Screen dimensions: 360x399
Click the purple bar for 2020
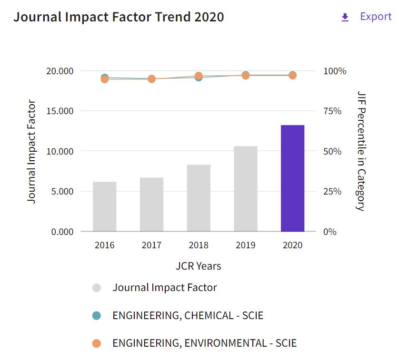292,178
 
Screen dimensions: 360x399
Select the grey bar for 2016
105,206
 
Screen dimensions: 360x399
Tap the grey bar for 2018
199,198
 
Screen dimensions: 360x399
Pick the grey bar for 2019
246,189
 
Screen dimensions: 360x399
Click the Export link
376,17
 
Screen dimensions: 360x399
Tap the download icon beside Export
345,18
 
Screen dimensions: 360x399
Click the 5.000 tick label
60,192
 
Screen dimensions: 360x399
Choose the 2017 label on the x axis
151,245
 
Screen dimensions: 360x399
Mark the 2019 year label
246,245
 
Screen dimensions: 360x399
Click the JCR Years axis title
198,266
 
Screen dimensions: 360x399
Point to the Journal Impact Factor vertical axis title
31,151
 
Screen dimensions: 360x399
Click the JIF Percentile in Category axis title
361,151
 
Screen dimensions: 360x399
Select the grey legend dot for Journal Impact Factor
97,288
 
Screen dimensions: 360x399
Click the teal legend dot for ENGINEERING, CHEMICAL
97,316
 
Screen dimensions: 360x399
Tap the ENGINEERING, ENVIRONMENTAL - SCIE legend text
204,343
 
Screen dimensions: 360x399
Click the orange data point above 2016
105,79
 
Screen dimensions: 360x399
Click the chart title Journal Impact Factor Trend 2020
119,17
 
